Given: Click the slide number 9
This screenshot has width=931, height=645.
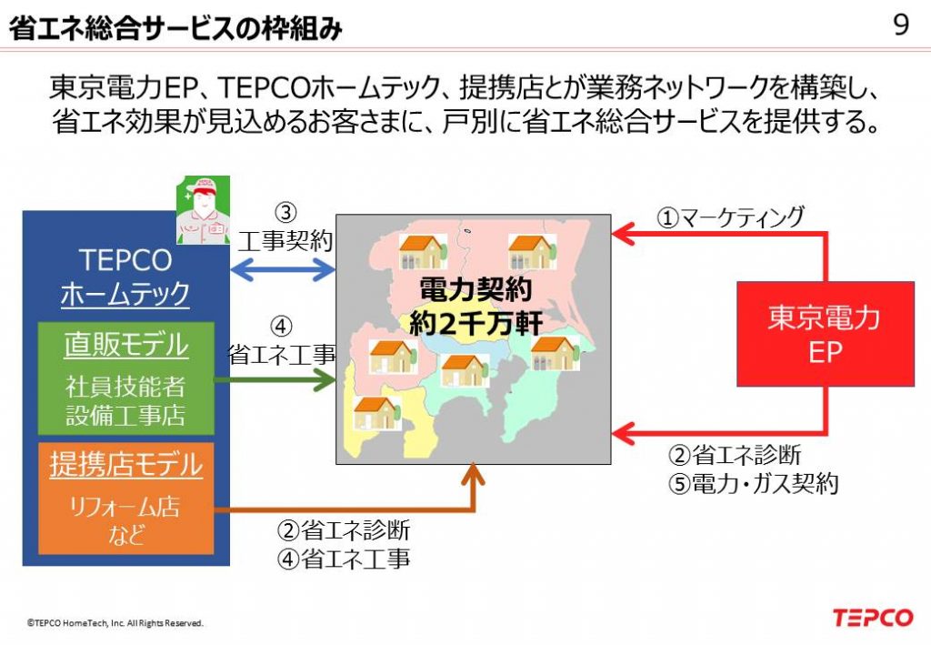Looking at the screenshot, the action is (901, 25).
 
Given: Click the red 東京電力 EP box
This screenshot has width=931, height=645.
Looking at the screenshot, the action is (826, 335).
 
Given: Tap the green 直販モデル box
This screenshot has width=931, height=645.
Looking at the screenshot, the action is (125, 378).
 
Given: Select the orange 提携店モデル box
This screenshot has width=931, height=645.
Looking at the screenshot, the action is (125, 499).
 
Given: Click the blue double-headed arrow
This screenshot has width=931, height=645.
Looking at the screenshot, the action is (283, 270).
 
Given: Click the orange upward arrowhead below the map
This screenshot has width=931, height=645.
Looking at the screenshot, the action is (473, 474).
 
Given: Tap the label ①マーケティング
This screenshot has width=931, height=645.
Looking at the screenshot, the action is (730, 217).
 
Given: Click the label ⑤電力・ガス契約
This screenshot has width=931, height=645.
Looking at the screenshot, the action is (753, 483).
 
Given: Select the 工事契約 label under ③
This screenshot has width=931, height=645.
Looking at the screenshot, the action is (285, 240).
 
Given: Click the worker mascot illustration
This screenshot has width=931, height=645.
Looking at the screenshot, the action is (203, 209).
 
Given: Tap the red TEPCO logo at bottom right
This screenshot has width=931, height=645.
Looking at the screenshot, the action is (872, 618).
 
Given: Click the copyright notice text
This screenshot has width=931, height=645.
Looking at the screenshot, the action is (115, 623).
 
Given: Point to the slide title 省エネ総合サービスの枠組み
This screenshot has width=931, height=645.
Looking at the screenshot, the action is (175, 28).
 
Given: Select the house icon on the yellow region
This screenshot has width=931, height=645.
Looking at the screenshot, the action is (376, 413).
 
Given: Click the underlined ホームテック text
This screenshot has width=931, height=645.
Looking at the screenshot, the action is (125, 294).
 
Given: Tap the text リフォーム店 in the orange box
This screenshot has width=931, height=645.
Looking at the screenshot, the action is (125, 507).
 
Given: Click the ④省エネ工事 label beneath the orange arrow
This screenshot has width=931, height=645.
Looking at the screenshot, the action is (344, 559).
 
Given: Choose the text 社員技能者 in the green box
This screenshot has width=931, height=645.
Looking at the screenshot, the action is (125, 387).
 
